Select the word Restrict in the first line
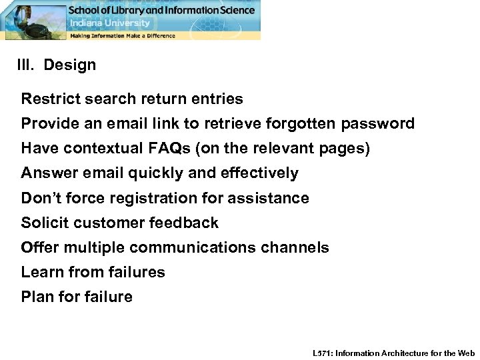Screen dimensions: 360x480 click(x=48, y=99)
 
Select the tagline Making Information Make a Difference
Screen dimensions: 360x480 click(x=123, y=35)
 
